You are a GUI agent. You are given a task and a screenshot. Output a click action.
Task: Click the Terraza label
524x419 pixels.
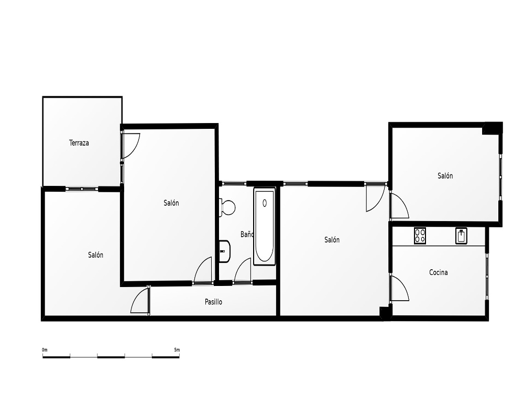(79, 143)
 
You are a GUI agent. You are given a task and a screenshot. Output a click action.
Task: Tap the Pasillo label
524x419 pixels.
(213, 302)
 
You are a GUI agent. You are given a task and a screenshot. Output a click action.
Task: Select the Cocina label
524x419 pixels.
(438, 273)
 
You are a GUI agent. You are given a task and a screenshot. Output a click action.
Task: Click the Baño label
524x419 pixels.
(247, 235)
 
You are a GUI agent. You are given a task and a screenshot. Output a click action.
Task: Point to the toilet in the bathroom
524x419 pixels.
(227, 207)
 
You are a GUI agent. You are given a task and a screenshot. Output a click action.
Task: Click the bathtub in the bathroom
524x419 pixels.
(264, 227)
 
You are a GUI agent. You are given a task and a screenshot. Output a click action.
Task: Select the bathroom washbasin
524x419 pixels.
(225, 251)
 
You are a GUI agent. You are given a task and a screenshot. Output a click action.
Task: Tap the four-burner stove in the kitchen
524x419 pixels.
(420, 236)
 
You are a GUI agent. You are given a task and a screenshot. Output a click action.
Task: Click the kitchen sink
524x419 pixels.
(461, 236)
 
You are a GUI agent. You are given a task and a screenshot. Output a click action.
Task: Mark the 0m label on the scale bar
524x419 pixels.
(45, 350)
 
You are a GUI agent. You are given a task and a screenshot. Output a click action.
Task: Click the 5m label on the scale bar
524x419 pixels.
(177, 350)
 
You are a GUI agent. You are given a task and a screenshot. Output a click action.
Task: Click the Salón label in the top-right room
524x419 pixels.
(445, 176)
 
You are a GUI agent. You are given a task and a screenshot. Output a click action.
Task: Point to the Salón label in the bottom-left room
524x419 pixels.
(95, 255)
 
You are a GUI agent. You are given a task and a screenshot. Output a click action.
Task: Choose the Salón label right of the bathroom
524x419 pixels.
(332, 240)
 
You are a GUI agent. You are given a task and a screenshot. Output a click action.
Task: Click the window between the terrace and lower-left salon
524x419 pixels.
(82, 189)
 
